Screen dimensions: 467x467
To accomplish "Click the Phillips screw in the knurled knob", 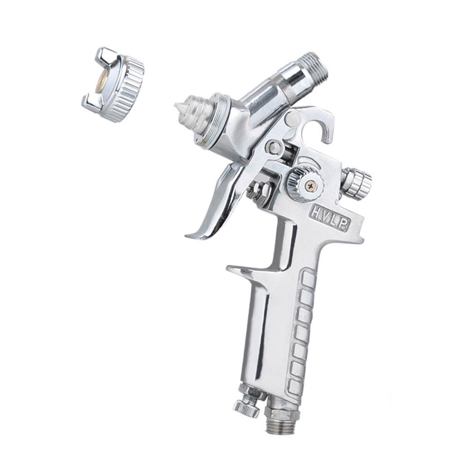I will point(311,186).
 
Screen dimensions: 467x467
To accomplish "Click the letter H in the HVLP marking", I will point(314,212).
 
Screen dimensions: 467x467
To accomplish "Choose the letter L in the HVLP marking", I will point(336,221).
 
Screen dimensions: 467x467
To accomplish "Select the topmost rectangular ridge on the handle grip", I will point(310,278).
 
